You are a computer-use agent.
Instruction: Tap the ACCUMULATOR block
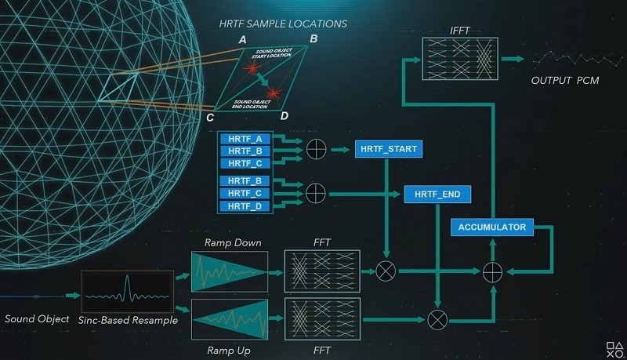click(x=493, y=227)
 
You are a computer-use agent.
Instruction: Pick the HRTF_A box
click(x=246, y=139)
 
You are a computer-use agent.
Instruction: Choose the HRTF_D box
click(x=246, y=205)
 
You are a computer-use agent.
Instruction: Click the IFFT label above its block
click(x=460, y=30)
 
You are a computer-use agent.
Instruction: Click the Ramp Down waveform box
click(x=229, y=271)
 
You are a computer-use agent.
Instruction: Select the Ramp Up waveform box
click(x=229, y=318)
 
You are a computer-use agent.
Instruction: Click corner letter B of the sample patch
click(x=313, y=38)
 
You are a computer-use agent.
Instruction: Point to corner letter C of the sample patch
click(x=210, y=118)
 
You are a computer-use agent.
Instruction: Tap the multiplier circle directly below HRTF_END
click(x=437, y=318)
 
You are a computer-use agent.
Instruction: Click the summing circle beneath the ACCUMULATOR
click(x=492, y=271)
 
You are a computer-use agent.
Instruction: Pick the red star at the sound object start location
click(x=253, y=72)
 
